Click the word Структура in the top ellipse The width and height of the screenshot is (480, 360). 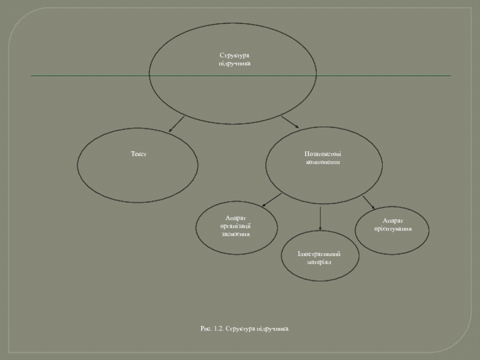[234, 55]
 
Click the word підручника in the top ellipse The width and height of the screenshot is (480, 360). [234, 63]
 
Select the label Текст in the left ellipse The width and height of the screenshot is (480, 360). [139, 154]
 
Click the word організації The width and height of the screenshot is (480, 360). [235, 226]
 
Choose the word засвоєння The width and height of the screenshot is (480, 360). [235, 233]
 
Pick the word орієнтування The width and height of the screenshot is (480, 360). [393, 229]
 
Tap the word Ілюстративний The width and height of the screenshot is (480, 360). [319, 254]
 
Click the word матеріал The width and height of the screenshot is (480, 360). [319, 262]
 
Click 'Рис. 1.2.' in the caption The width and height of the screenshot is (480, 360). [212, 329]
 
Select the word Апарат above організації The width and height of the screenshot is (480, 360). [235, 218]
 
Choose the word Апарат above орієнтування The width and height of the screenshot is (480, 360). [393, 221]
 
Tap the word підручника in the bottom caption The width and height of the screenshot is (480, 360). [274, 329]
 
